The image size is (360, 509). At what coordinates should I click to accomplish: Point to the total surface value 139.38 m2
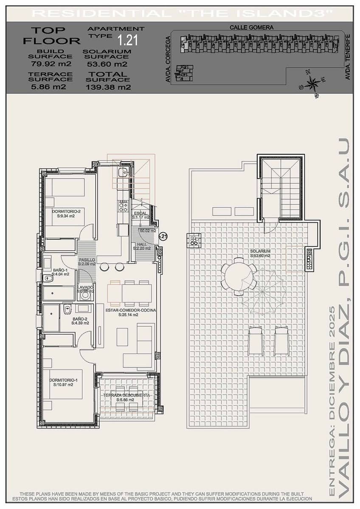point(108,87)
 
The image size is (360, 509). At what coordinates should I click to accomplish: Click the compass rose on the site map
point(312,83)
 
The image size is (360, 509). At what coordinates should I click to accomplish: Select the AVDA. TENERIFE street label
point(348,57)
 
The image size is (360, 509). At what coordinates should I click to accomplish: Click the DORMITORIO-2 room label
point(66,211)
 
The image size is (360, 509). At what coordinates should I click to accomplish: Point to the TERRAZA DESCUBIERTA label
point(126,395)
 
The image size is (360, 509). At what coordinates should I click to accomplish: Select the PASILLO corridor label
point(87,260)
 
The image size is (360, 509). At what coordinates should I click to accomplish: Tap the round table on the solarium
point(239,277)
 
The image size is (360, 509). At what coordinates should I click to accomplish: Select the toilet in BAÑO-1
point(48,278)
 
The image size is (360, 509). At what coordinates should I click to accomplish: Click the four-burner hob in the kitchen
point(123,207)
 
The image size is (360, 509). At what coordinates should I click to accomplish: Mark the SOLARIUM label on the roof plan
point(260,251)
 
